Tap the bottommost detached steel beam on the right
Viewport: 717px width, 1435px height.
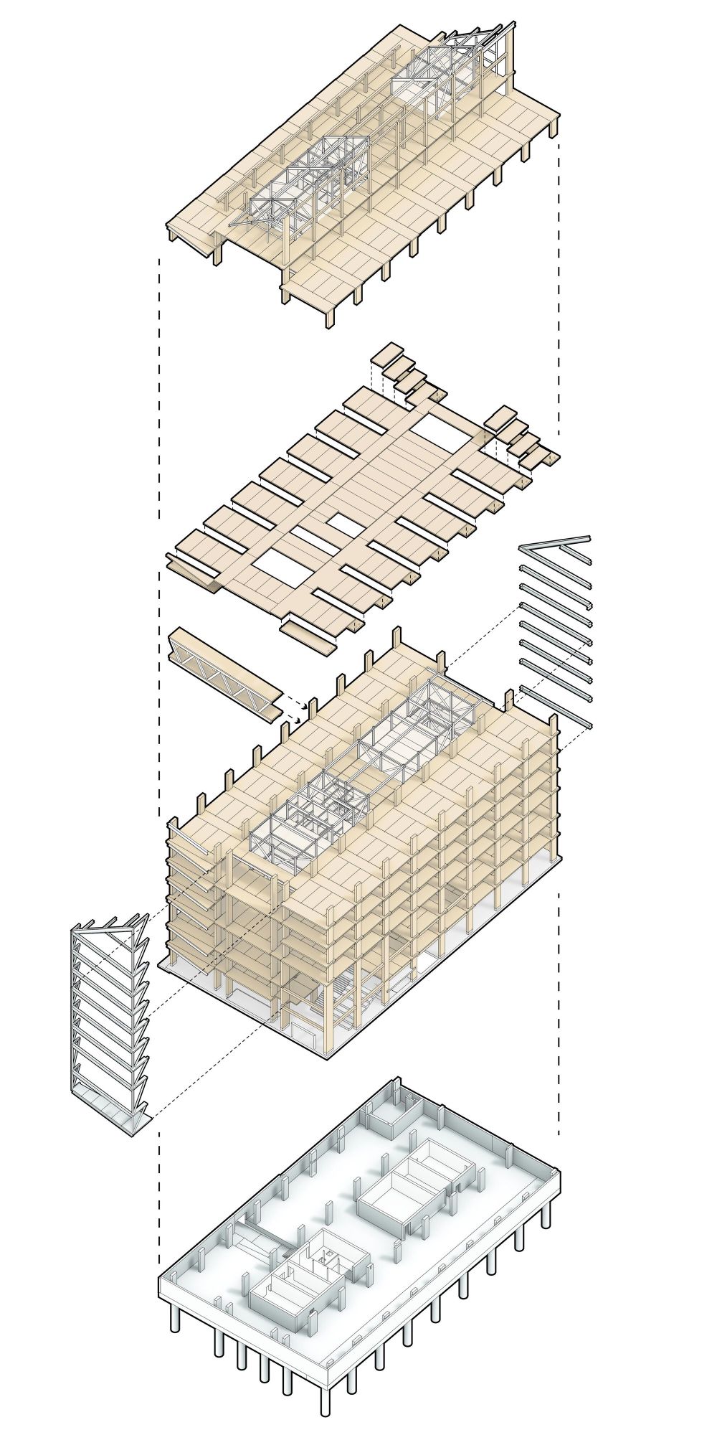click(556, 707)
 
